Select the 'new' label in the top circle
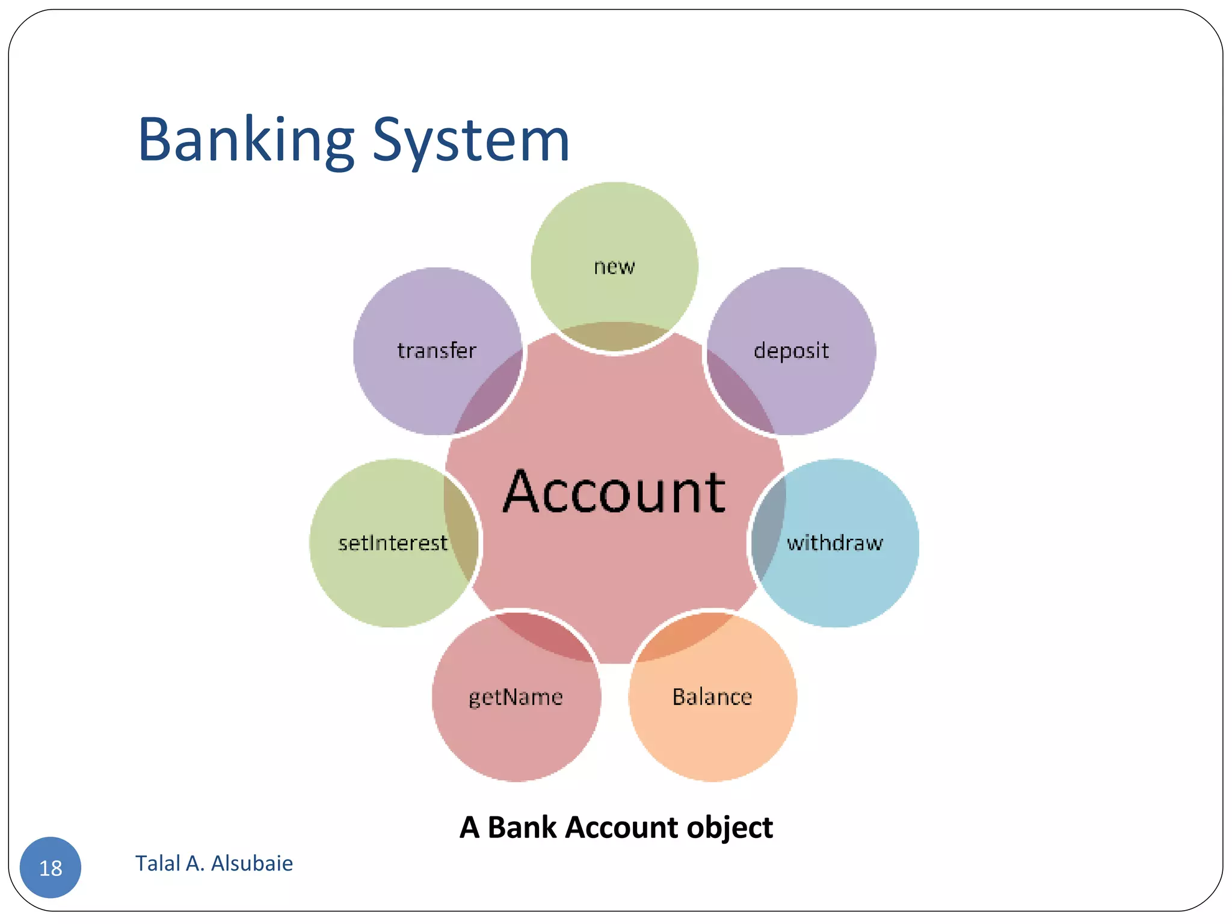[x=614, y=266]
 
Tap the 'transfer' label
[x=437, y=351]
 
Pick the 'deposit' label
[x=791, y=351]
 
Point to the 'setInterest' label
[x=393, y=543]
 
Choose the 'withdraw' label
[x=835, y=543]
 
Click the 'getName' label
[x=516, y=697]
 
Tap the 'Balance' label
[x=712, y=697]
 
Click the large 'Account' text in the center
[x=614, y=492]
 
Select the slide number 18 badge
[x=51, y=867]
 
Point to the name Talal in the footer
[x=158, y=863]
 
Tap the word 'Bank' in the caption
[x=522, y=827]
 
